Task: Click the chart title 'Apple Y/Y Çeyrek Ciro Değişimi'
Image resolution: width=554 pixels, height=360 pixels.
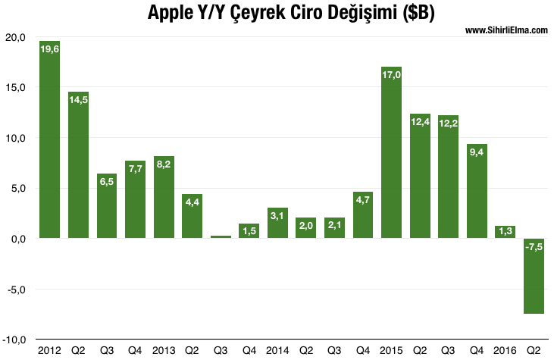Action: tap(277, 13)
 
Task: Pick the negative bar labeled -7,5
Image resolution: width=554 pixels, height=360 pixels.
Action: tap(533, 276)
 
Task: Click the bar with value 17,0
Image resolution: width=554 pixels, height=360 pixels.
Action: tap(391, 152)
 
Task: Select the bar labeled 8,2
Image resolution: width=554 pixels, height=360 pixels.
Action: tap(164, 197)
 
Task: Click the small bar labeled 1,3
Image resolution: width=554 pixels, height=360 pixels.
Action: tap(505, 232)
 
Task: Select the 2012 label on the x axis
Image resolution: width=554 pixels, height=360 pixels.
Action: tap(49, 350)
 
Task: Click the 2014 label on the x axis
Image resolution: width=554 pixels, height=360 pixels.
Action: tap(277, 350)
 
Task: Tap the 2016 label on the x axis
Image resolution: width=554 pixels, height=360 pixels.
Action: tap(504, 350)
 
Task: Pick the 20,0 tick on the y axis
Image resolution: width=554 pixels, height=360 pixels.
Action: tap(15, 37)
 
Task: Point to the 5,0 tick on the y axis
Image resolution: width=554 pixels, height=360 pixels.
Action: tap(17, 188)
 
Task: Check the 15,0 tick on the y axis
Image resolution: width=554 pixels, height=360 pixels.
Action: tap(15, 87)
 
